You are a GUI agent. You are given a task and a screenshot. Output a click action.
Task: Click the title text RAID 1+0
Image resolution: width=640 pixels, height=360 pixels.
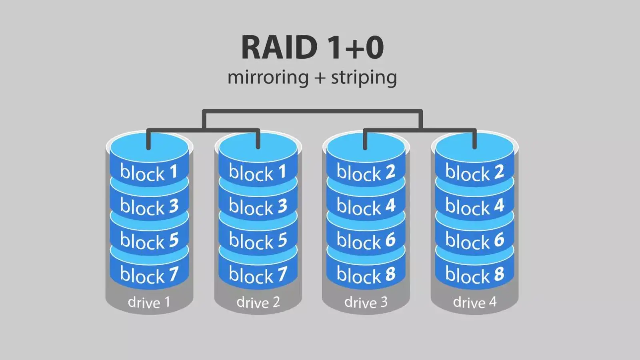312,48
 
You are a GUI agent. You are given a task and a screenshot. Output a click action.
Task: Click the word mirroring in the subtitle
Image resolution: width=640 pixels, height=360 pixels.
268,77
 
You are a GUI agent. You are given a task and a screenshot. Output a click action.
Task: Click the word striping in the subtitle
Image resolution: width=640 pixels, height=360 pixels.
364,77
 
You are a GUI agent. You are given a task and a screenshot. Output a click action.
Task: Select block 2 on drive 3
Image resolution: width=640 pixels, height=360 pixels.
366,172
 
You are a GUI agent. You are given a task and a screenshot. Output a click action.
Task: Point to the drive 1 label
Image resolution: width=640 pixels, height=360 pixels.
149,302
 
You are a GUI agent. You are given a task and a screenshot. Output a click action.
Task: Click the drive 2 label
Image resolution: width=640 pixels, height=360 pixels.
258,302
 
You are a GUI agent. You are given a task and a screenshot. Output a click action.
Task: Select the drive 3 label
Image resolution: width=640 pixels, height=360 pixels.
366,302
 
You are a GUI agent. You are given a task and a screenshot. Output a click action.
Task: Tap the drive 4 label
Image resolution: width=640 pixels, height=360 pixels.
475,302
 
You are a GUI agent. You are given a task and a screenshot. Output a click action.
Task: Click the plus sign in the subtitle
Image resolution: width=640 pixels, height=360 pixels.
319,78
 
